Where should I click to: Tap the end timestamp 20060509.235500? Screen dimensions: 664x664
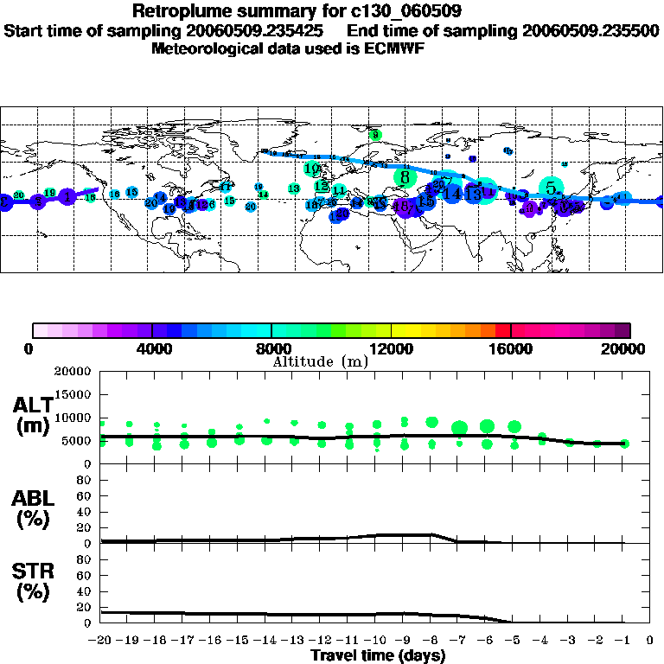(591, 30)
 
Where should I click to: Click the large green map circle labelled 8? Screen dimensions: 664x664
(405, 177)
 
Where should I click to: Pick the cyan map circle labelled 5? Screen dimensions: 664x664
(551, 187)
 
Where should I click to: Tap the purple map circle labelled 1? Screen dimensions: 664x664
(67, 197)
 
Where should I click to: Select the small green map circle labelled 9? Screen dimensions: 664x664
(374, 135)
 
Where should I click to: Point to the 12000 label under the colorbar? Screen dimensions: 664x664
(392, 348)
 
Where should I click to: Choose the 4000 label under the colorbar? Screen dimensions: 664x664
(152, 348)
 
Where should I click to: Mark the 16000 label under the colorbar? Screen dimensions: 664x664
(511, 348)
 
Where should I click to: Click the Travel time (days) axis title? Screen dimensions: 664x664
(378, 655)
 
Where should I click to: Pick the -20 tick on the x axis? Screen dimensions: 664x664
(101, 640)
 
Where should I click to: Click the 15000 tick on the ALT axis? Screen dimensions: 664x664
(73, 394)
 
